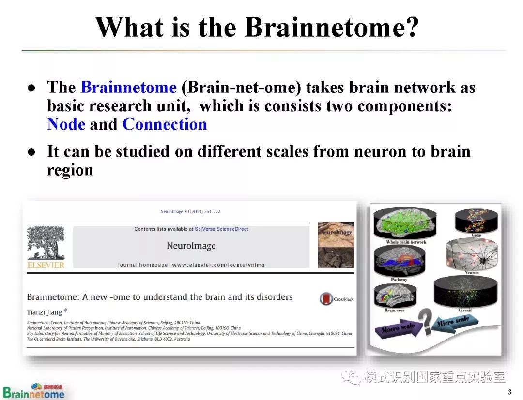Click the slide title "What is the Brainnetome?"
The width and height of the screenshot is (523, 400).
257,28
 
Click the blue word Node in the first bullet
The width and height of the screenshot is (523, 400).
66,124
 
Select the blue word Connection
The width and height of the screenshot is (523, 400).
165,124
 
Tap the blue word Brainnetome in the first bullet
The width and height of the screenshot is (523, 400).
128,88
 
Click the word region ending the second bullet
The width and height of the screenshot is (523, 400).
70,170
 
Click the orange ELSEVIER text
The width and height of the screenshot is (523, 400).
46,265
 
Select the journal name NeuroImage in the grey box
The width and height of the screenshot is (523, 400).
191,246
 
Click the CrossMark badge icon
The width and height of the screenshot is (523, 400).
326,299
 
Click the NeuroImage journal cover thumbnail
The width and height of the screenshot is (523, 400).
336,245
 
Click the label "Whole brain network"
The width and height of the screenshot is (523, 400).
406,242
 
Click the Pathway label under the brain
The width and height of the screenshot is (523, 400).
399,280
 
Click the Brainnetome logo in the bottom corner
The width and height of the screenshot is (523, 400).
34,391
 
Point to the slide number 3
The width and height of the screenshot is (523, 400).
509,391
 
